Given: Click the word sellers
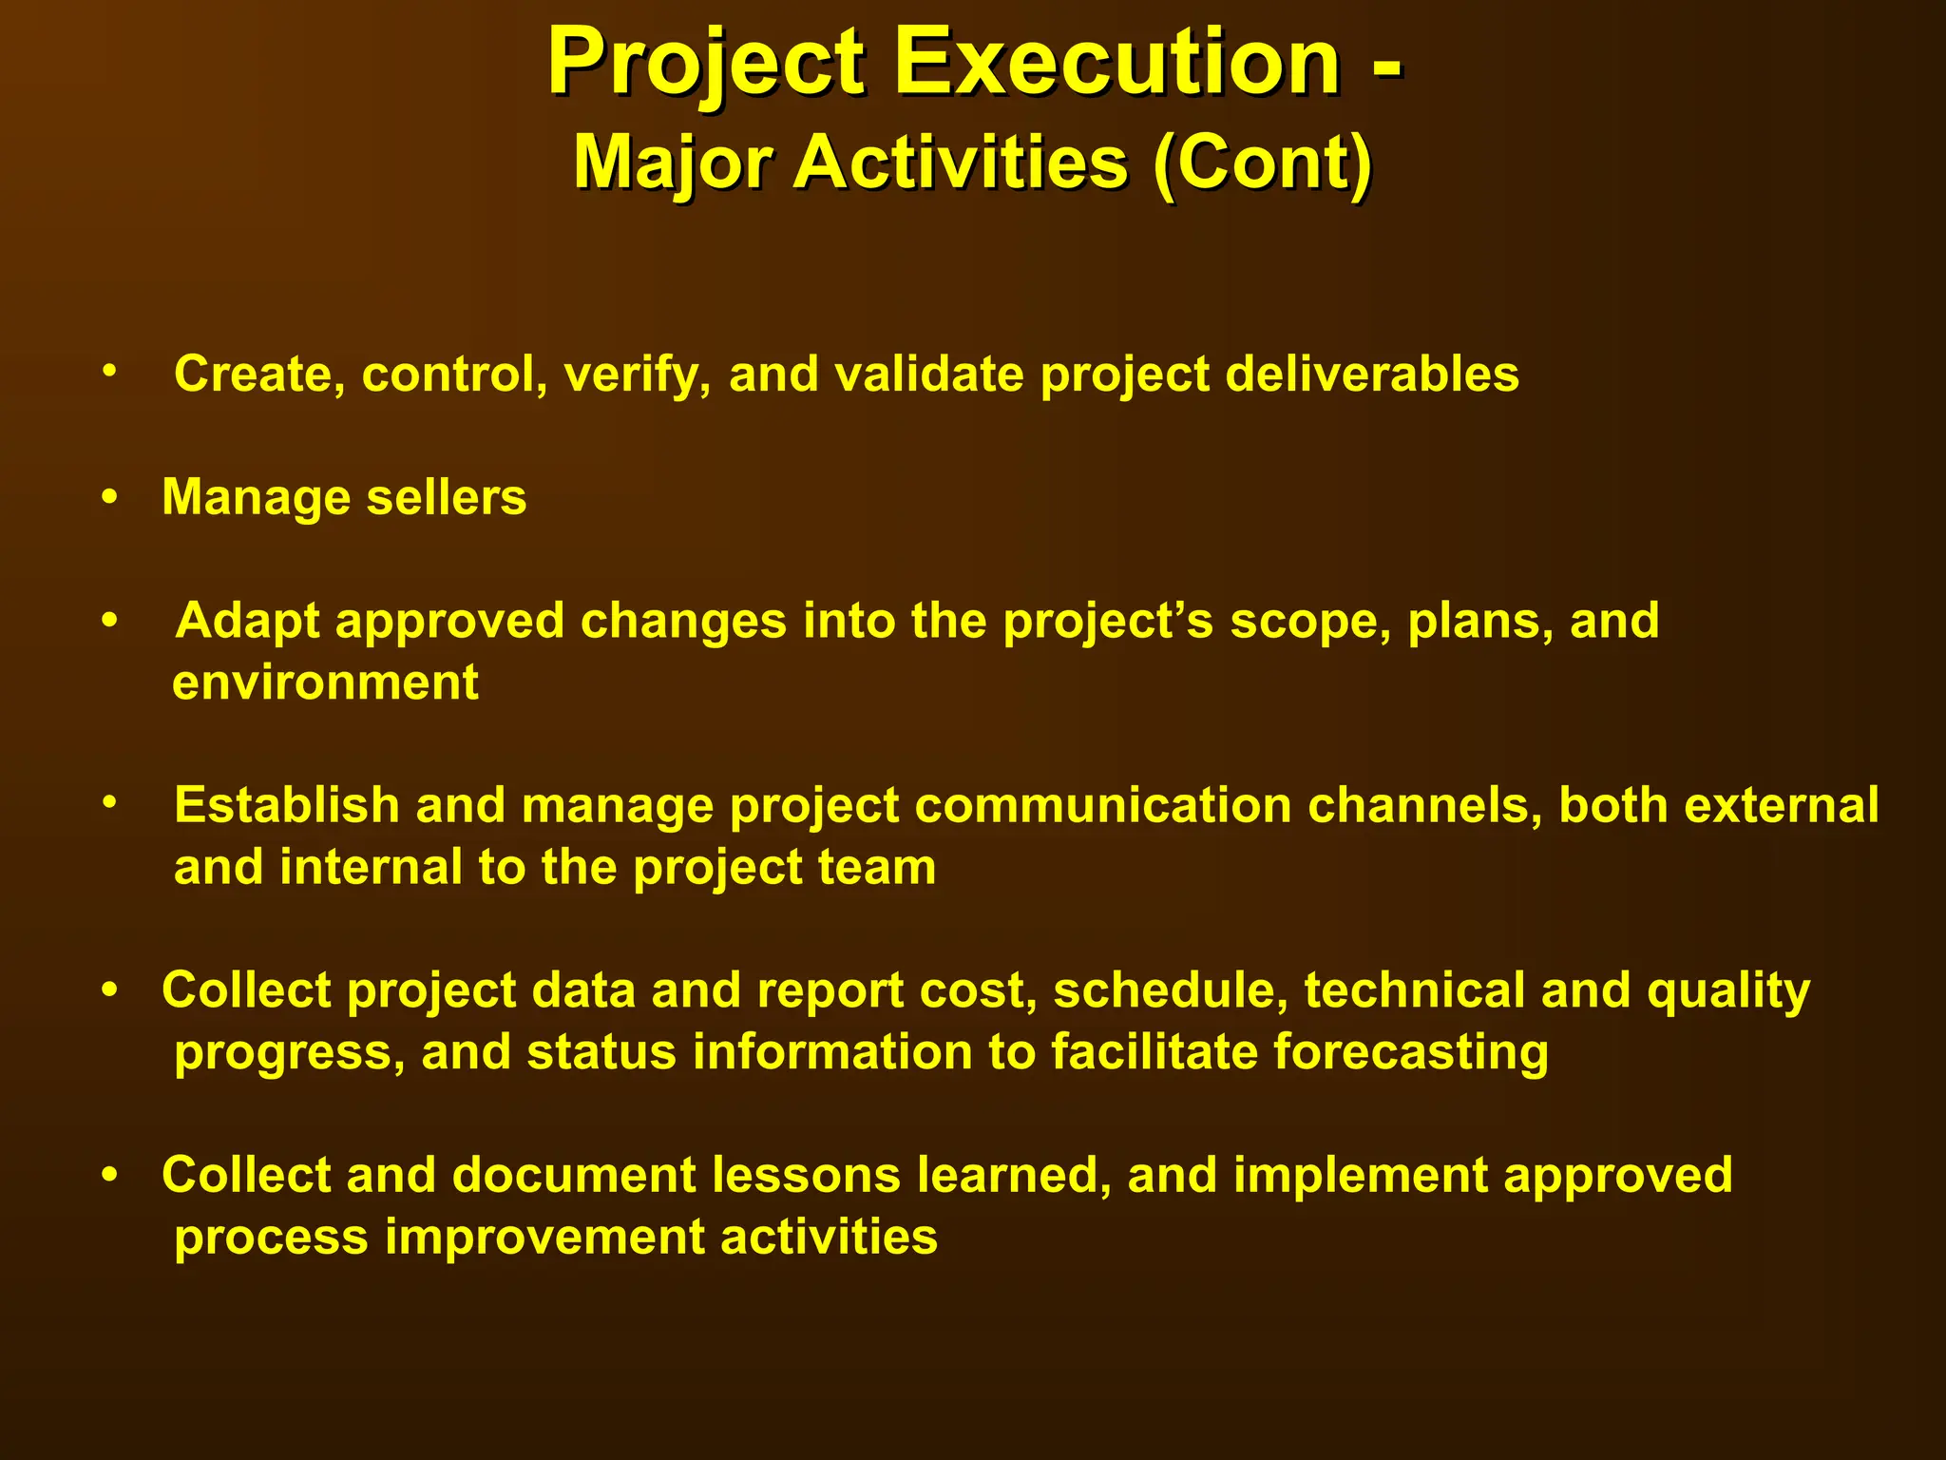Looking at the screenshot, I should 446,497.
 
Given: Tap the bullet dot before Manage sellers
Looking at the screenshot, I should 111,497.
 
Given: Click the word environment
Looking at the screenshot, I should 325,682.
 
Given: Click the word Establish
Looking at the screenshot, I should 286,805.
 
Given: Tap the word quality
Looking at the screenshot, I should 1728,990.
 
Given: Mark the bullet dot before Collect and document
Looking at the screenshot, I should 111,1175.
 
